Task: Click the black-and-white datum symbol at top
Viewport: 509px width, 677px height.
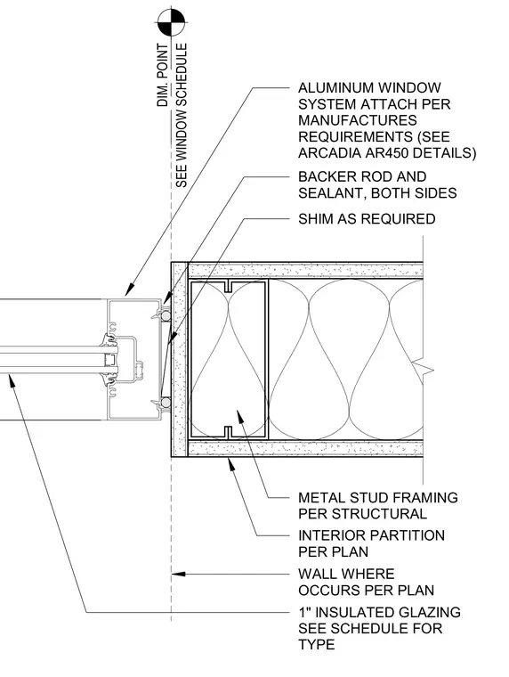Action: coord(171,22)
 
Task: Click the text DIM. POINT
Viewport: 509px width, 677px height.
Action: coord(163,75)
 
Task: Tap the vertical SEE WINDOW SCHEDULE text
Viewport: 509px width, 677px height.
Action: coord(182,115)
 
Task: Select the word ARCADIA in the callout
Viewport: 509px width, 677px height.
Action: coord(324,153)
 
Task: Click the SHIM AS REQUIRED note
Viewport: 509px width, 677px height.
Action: coord(367,219)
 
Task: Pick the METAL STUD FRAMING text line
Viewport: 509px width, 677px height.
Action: coord(378,497)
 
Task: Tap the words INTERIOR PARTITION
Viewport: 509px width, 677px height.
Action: coord(371,535)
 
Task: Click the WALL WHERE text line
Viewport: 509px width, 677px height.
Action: coord(346,574)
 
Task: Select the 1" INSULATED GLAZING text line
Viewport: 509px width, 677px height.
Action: coord(380,612)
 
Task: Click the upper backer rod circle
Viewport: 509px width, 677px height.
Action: coord(166,316)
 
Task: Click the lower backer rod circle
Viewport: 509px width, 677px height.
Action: coord(166,403)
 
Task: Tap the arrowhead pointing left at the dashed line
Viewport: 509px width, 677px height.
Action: coord(179,575)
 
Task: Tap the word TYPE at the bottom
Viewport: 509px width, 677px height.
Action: coord(316,645)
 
